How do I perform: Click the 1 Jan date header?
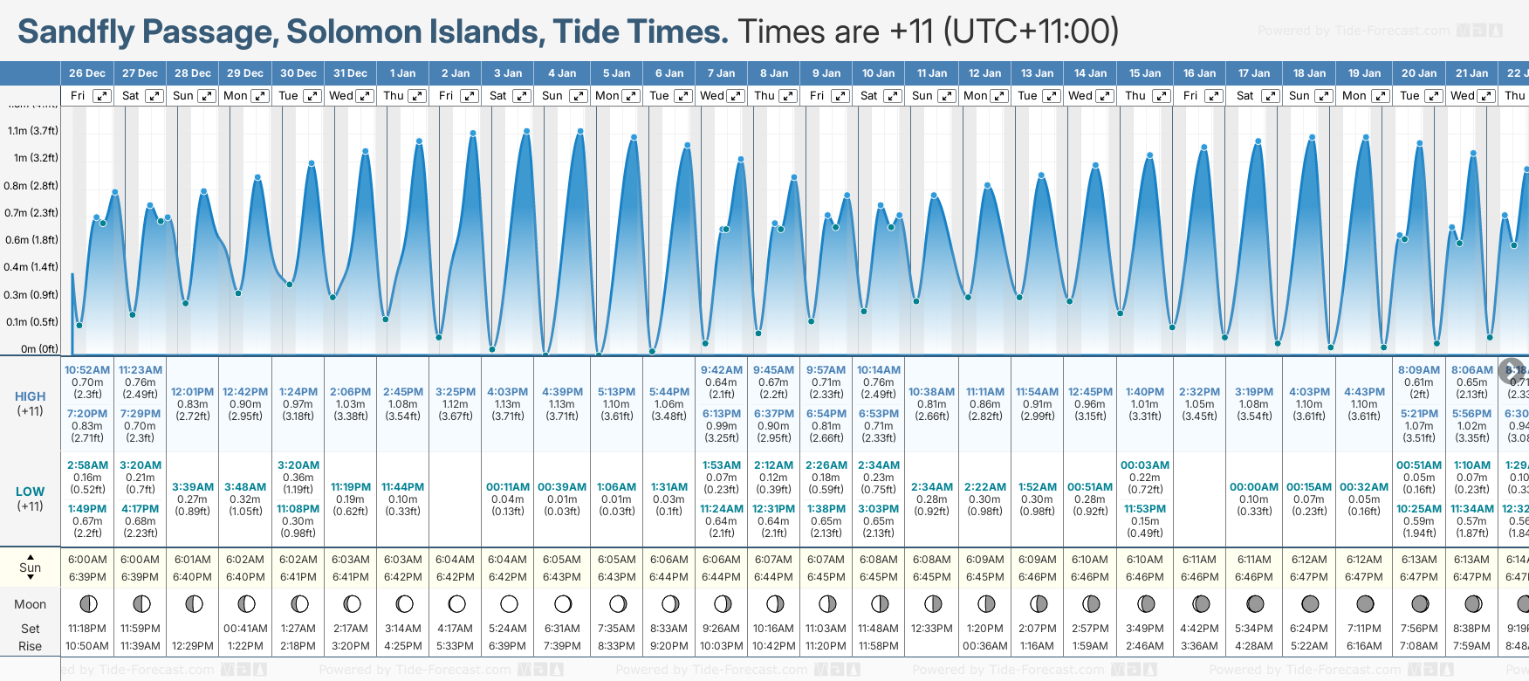[x=402, y=73]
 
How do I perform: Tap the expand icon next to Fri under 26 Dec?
[x=102, y=96]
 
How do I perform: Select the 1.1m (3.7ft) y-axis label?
[x=33, y=131]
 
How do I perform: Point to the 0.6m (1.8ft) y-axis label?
[x=31, y=240]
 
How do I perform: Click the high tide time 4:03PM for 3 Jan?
[x=507, y=392]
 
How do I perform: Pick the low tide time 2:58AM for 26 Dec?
[x=87, y=465]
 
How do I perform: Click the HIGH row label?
[x=30, y=396]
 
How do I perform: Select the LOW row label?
[x=30, y=492]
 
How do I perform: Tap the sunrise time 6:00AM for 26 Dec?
[x=87, y=560]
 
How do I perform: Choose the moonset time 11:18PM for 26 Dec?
[x=87, y=629]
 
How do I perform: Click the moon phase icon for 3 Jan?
[x=509, y=603]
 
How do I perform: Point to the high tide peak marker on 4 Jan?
[x=580, y=131]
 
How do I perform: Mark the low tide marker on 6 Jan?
[x=652, y=351]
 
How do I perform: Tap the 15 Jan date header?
[x=1145, y=73]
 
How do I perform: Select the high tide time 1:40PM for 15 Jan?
[x=1145, y=392]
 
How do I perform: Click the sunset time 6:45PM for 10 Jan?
[x=879, y=577]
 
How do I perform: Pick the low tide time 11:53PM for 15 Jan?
[x=1145, y=509]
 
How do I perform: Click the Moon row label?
[x=30, y=604]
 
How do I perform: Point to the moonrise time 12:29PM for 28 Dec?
[x=193, y=646]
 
